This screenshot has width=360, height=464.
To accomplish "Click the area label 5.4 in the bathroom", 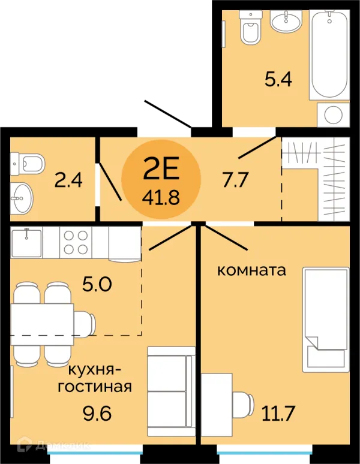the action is click(x=278, y=79).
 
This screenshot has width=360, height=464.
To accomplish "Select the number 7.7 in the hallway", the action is click(x=235, y=180).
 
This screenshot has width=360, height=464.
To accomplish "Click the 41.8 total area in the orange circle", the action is click(x=161, y=197).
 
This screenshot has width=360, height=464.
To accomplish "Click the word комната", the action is click(x=251, y=270).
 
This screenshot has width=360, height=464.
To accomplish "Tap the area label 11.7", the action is click(x=278, y=413).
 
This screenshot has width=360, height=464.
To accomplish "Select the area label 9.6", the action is click(x=97, y=413).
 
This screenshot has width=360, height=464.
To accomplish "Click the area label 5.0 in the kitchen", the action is click(x=97, y=284).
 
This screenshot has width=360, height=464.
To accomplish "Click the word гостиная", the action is click(x=95, y=387).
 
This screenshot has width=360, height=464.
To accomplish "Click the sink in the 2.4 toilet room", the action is click(x=22, y=198).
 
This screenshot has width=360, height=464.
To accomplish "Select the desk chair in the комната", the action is click(x=243, y=404).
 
